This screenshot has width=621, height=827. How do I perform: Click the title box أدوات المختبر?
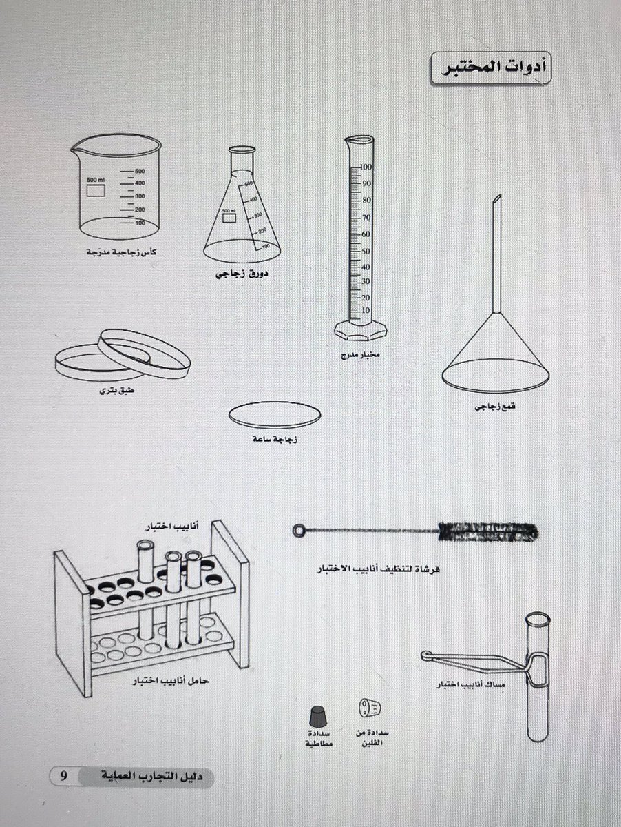click(x=490, y=68)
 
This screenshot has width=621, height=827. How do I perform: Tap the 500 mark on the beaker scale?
click(x=140, y=171)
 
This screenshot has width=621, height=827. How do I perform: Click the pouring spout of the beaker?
click(x=75, y=150)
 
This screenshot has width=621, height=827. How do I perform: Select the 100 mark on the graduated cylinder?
click(x=366, y=167)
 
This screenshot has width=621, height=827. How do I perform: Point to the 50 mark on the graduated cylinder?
click(x=366, y=251)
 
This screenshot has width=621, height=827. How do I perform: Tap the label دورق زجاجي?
click(x=242, y=274)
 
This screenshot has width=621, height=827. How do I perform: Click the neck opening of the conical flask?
click(x=242, y=150)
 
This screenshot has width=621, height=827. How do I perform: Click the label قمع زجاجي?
click(x=495, y=407)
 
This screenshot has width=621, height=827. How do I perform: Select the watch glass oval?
click(x=275, y=414)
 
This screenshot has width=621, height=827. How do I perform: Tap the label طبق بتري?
click(x=116, y=390)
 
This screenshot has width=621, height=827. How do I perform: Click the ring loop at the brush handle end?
click(x=299, y=531)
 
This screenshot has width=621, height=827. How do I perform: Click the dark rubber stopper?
click(x=318, y=716)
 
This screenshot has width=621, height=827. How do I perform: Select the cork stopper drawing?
click(x=370, y=707)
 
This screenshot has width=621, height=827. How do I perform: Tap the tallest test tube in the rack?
click(x=146, y=590)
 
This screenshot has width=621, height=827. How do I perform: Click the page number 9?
click(x=63, y=776)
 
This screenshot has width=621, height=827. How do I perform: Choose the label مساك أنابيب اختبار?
click(x=470, y=684)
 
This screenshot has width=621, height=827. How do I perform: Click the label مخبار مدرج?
click(x=360, y=355)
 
